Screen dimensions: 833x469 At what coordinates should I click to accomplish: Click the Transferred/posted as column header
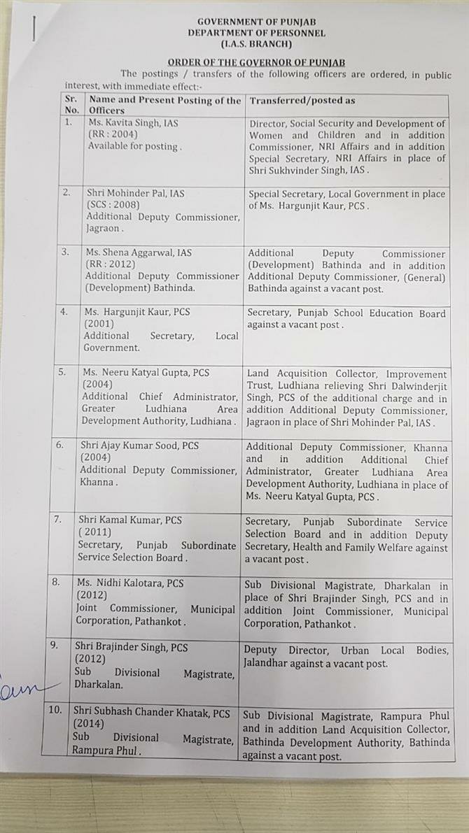point(302,100)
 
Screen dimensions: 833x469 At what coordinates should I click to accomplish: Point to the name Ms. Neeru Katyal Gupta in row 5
point(139,373)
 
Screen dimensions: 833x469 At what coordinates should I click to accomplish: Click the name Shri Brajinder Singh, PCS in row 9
point(132,648)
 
